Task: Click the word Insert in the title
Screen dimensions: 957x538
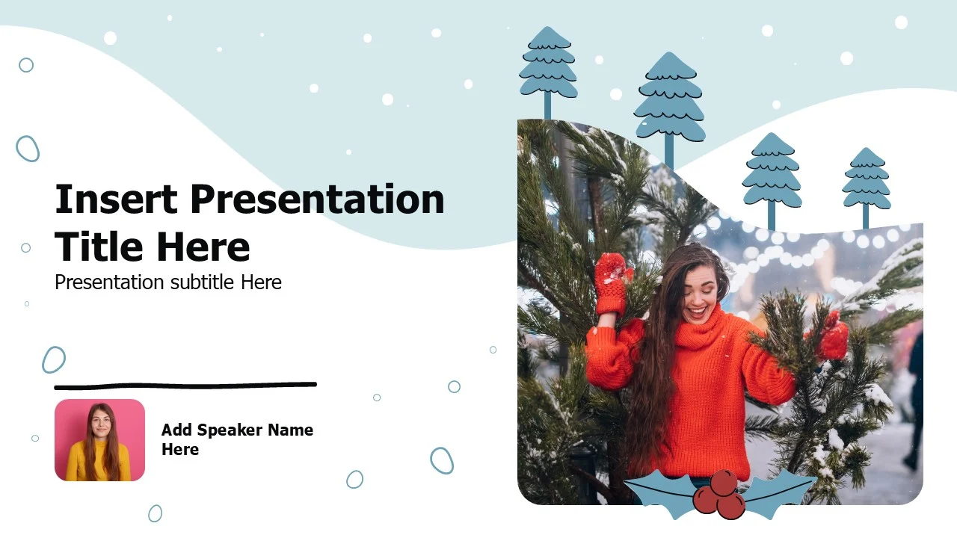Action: [116, 199]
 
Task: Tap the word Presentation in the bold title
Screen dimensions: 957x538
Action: [318, 199]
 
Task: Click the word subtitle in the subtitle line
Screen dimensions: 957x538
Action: [202, 282]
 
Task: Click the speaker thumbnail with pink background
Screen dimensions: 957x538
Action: [99, 440]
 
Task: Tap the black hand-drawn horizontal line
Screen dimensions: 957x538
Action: [185, 386]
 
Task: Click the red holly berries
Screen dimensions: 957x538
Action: [719, 495]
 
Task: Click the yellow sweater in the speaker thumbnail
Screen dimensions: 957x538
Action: [99, 463]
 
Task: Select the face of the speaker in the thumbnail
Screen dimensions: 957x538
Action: [101, 421]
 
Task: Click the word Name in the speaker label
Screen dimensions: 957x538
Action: [291, 430]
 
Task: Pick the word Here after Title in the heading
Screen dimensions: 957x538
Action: [203, 247]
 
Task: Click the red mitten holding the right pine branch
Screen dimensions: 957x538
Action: [831, 336]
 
